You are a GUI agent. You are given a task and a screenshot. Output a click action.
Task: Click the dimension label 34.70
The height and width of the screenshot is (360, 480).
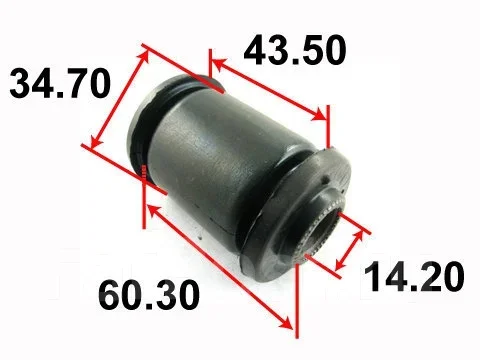pyautogui.click(x=60, y=83)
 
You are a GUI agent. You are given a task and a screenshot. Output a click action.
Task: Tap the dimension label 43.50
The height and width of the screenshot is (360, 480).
pyautogui.click(x=295, y=50)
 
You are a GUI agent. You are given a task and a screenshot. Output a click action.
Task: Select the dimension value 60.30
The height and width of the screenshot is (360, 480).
pyautogui.click(x=149, y=295)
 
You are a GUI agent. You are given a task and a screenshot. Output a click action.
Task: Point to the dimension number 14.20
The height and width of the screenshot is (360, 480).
pyautogui.click(x=414, y=276)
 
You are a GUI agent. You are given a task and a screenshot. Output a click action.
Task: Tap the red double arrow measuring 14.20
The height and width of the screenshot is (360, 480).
pyautogui.click(x=349, y=250)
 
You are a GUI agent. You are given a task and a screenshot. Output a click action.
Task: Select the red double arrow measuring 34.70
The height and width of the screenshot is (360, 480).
pyautogui.click(x=120, y=99)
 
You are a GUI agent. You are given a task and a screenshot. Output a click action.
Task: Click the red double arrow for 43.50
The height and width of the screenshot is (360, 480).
pyautogui.click(x=269, y=90)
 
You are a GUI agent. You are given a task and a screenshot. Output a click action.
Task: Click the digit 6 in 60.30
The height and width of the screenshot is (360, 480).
pyautogui.click(x=110, y=295)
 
